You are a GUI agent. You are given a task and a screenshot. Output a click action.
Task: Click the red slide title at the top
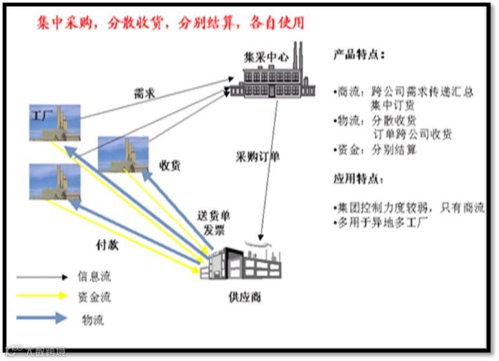[x=170, y=23]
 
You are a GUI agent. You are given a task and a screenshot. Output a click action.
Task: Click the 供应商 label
[x=245, y=298]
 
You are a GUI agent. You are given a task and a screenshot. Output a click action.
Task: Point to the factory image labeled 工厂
[x=54, y=122]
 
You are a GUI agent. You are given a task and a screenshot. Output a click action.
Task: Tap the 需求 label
[x=144, y=93]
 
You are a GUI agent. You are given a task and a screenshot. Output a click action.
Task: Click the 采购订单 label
[x=258, y=157]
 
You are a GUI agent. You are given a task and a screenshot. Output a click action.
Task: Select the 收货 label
[x=170, y=166]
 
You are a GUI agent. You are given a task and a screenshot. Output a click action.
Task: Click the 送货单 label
[x=214, y=216]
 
